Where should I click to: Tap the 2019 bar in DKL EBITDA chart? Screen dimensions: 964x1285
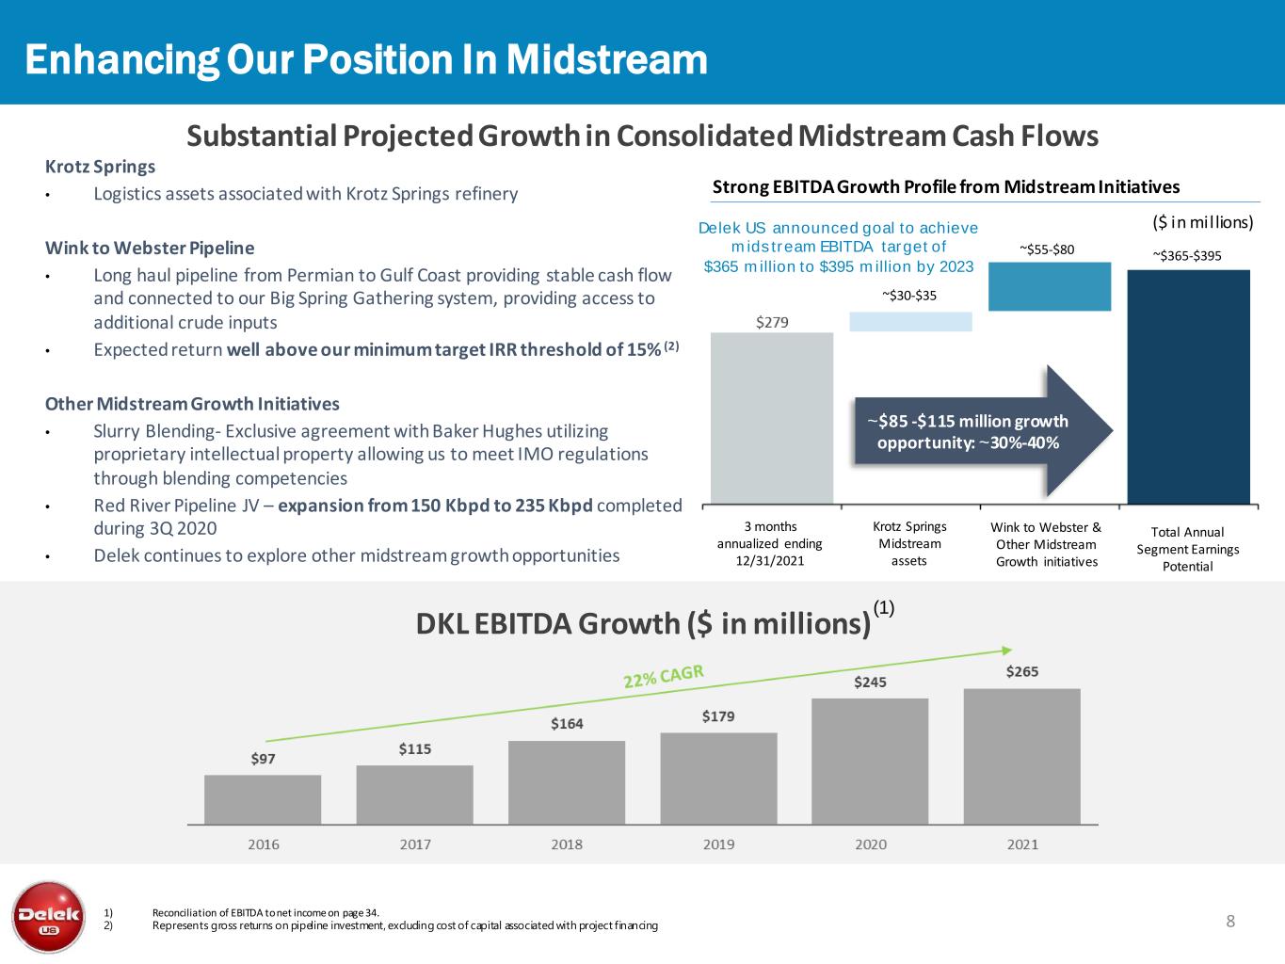pyautogui.click(x=718, y=778)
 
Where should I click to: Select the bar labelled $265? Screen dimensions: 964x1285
pyautogui.click(x=1021, y=756)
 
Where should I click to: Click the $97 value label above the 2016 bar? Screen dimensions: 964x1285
pyautogui.click(x=264, y=758)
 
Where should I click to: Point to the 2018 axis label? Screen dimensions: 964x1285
pyautogui.click(x=567, y=844)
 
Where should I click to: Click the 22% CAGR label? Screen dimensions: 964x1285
pyautogui.click(x=664, y=677)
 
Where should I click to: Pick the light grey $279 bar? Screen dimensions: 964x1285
pyautogui.click(x=772, y=418)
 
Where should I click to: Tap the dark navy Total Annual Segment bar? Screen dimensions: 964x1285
pyautogui.click(x=1188, y=387)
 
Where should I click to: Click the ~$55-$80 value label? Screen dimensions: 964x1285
pyautogui.click(x=1047, y=249)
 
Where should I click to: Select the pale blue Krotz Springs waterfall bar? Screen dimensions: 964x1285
pyautogui.click(x=910, y=321)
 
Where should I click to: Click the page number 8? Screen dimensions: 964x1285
pyautogui.click(x=1230, y=921)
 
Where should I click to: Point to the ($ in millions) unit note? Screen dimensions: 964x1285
pyautogui.click(x=1196, y=222)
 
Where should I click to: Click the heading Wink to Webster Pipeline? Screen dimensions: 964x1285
pyautogui.click(x=150, y=249)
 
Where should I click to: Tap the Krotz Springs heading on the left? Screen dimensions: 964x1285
pyautogui.click(x=100, y=167)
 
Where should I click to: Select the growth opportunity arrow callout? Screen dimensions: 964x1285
pyautogui.click(x=979, y=431)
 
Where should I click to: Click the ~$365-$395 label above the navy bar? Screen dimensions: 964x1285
pyautogui.click(x=1187, y=255)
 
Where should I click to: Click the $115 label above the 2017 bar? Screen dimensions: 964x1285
pyautogui.click(x=415, y=748)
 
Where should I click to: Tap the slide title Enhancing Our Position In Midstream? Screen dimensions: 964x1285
pyautogui.click(x=366, y=59)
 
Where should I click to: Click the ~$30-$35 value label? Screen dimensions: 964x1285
pyautogui.click(x=909, y=296)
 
